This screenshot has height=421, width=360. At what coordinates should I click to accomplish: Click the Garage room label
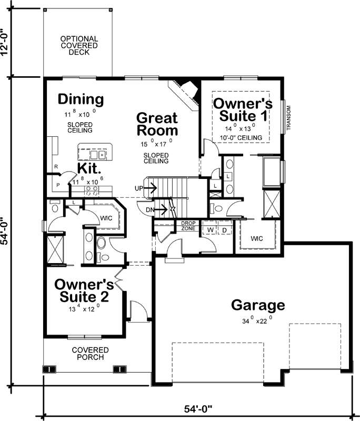click(258, 305)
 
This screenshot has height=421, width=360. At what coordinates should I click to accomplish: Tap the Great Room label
click(157, 124)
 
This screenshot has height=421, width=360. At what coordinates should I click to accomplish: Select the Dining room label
click(81, 99)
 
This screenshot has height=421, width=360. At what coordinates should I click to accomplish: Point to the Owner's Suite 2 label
click(82, 290)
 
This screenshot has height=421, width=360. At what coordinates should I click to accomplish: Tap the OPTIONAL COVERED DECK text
click(78, 45)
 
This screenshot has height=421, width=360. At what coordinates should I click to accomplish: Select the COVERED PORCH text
click(90, 353)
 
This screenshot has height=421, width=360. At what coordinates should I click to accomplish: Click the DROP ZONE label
click(188, 226)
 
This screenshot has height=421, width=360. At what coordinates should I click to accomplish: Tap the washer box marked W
click(209, 230)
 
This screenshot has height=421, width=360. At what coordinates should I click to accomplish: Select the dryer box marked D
click(224, 230)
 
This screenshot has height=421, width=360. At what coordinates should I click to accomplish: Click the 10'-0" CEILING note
click(241, 138)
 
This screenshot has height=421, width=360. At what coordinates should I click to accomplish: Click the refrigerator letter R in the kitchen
click(55, 167)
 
